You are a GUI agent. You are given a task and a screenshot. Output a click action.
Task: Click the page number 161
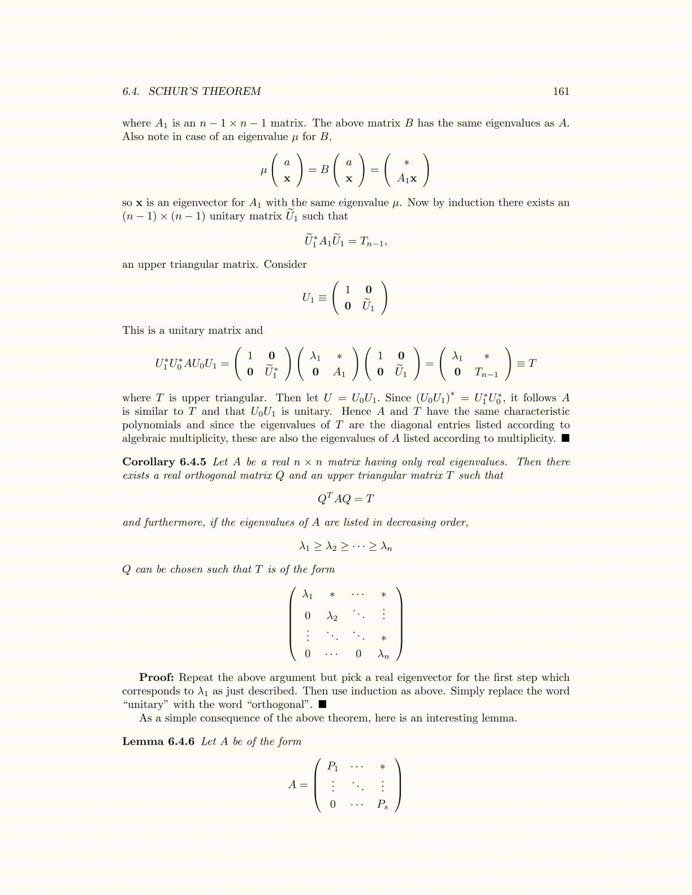click(x=561, y=92)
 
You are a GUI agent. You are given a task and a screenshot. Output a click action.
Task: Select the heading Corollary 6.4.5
click(x=164, y=462)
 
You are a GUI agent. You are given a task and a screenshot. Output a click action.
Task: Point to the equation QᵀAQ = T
click(x=345, y=498)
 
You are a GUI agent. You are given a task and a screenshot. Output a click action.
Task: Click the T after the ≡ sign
click(x=532, y=363)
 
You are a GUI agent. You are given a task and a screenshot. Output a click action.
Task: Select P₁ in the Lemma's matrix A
click(x=333, y=767)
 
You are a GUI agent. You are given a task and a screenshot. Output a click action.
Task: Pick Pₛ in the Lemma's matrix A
click(x=383, y=804)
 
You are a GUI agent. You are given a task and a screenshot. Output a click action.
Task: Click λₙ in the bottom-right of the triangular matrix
click(x=384, y=654)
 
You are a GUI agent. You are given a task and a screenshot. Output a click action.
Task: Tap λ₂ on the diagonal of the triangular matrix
click(x=332, y=616)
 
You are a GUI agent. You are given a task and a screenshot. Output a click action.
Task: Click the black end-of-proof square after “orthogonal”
click(x=323, y=705)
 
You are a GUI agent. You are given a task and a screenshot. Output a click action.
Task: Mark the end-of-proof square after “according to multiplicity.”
click(x=565, y=438)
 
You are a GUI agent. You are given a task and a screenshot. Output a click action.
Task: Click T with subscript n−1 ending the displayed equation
click(x=373, y=242)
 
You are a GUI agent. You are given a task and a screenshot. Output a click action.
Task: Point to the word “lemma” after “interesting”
click(x=499, y=718)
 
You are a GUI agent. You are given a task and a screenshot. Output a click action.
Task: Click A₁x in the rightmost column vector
click(x=406, y=179)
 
